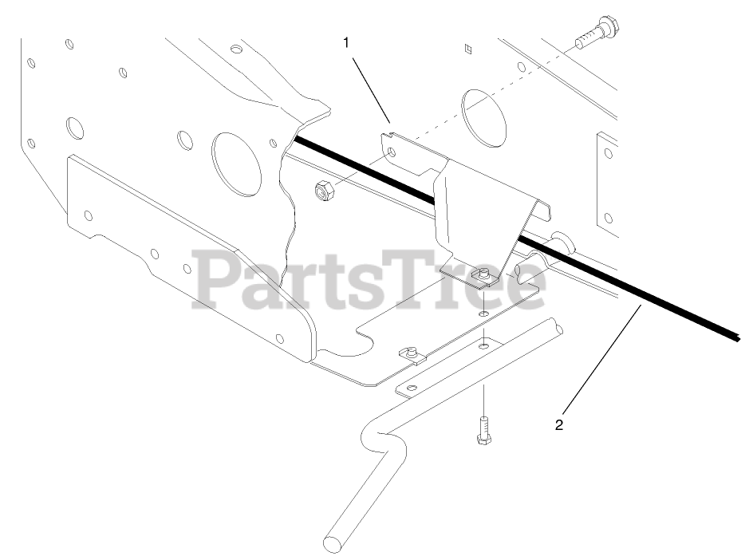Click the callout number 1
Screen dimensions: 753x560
(346, 43)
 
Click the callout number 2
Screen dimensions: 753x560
(559, 424)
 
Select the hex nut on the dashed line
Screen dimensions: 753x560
(322, 191)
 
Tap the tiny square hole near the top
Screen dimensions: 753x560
(469, 49)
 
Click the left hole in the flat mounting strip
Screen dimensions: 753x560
(410, 388)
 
